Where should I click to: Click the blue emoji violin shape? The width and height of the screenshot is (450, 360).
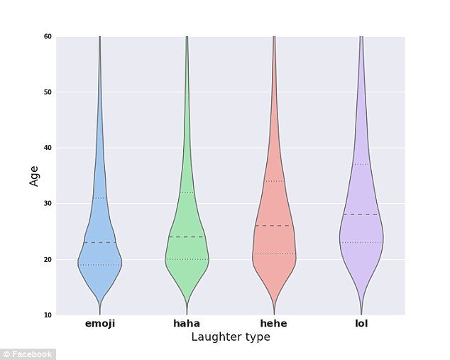pyautogui.click(x=99, y=252)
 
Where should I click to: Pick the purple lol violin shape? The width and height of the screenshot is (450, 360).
pyautogui.click(x=361, y=227)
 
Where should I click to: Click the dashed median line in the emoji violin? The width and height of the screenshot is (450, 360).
pyautogui.click(x=99, y=243)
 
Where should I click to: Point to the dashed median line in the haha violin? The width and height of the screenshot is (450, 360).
pyautogui.click(x=187, y=237)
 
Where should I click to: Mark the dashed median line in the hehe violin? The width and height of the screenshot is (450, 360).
pyautogui.click(x=274, y=226)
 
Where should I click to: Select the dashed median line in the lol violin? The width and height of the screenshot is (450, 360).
pyautogui.click(x=361, y=214)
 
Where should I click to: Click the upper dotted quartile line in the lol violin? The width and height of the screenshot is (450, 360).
pyautogui.click(x=361, y=165)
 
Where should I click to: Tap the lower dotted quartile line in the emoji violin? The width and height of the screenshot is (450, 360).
pyautogui.click(x=99, y=265)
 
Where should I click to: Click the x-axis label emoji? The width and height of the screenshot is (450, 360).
pyautogui.click(x=99, y=324)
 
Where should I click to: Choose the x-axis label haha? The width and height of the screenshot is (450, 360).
pyautogui.click(x=187, y=324)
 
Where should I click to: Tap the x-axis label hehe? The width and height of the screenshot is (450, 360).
pyautogui.click(x=274, y=324)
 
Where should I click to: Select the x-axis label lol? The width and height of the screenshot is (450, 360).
pyautogui.click(x=361, y=324)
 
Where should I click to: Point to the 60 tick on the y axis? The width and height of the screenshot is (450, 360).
pyautogui.click(x=48, y=36)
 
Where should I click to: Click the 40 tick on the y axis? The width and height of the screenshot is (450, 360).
pyautogui.click(x=48, y=148)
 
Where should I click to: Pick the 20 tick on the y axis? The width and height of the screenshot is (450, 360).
pyautogui.click(x=48, y=259)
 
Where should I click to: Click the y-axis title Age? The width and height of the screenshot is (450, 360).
pyautogui.click(x=34, y=175)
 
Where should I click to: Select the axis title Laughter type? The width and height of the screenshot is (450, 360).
pyautogui.click(x=231, y=337)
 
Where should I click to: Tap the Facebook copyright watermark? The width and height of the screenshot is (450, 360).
pyautogui.click(x=28, y=354)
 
